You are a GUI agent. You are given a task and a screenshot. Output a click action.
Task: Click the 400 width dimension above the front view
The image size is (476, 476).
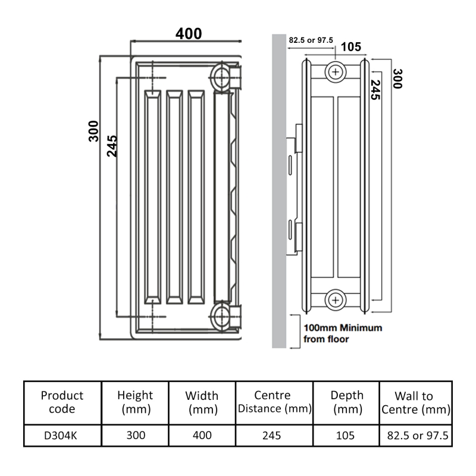coord(188,34)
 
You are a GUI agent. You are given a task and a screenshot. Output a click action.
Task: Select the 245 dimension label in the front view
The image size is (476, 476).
coord(112,145)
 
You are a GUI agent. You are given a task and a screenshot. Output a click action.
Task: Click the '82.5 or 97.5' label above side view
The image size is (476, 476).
coord(311,40)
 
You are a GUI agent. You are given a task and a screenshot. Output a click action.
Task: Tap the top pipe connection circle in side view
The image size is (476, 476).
coord(336,73)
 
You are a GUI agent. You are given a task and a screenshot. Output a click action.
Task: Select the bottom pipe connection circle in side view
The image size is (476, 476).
coord(336,299)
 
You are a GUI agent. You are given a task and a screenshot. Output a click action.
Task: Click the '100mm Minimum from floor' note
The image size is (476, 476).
coord(343,333)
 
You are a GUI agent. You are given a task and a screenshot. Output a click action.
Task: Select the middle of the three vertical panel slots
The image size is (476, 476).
coord(174,196)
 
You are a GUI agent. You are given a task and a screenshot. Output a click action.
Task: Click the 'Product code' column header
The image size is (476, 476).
coord(62,402)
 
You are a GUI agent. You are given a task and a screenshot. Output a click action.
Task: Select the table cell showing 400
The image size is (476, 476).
coord(202,435)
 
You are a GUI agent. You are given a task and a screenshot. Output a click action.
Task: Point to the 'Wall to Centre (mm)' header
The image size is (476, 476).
coord(415,402)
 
